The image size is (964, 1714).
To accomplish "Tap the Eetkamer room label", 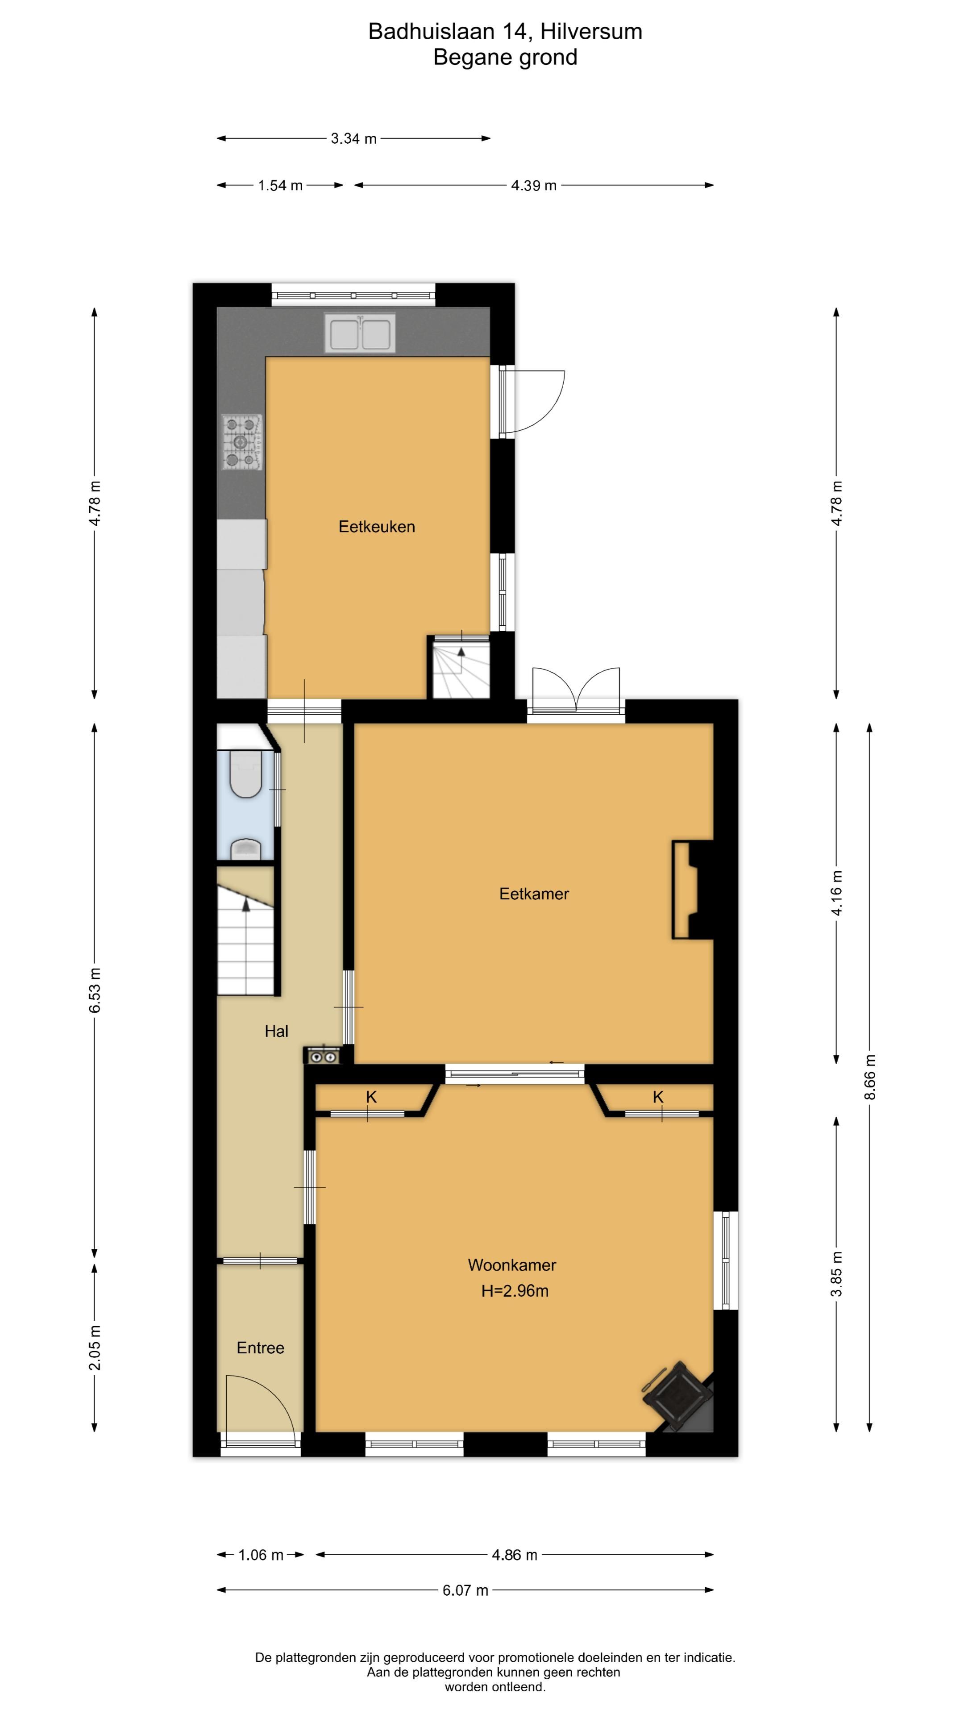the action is point(534,894).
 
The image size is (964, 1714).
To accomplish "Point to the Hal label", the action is point(276,1032).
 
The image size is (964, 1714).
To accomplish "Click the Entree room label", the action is point(260,1348).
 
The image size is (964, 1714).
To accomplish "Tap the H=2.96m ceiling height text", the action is point(515,1291).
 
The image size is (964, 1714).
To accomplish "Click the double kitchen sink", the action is point(360,333).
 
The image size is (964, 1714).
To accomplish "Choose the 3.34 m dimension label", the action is point(354,138).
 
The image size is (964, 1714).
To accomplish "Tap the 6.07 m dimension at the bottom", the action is point(465,1590).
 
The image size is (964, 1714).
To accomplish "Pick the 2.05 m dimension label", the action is point(95,1348).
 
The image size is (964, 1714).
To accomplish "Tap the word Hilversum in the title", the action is point(591,31).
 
